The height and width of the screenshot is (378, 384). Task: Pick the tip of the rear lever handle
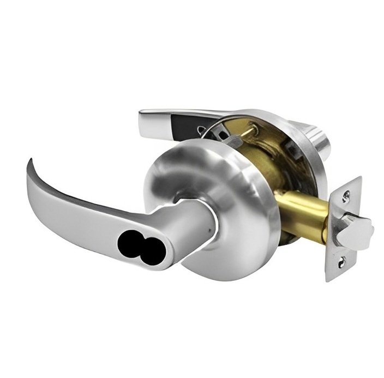143,115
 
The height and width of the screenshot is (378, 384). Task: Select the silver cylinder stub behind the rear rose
316,139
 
